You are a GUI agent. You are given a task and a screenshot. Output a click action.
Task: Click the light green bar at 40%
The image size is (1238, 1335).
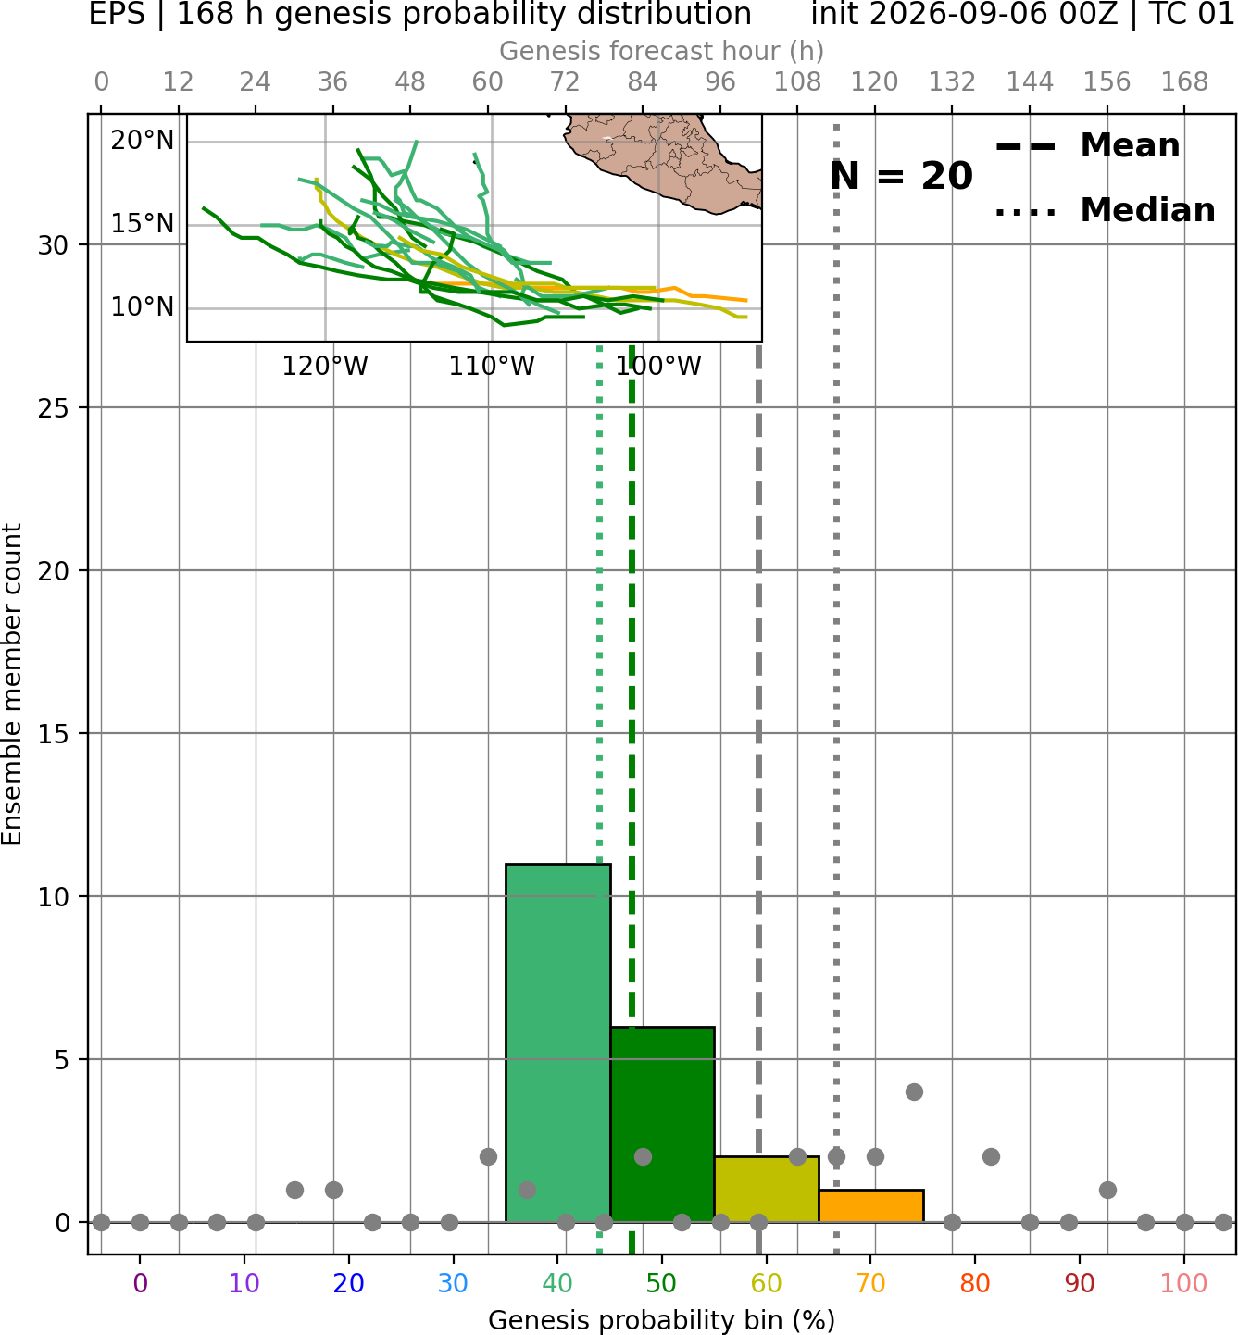coord(558,1042)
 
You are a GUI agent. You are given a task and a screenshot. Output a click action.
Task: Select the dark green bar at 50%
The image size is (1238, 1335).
coord(662,1124)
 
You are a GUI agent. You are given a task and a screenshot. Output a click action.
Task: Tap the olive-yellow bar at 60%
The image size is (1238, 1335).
coord(767,1189)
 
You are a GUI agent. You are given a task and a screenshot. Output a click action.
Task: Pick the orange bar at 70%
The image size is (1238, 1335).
coord(870,1206)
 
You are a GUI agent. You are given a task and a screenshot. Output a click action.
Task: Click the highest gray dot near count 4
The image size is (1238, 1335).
coord(914,1092)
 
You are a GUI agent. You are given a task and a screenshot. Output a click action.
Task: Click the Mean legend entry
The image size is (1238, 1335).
coord(1087,146)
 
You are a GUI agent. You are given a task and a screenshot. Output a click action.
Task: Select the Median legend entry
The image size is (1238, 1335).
coord(1105,210)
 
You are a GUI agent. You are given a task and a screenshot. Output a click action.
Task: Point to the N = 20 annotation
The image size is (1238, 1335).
coord(901,176)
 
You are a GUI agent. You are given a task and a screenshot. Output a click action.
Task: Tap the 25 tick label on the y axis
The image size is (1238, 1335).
coord(54,408)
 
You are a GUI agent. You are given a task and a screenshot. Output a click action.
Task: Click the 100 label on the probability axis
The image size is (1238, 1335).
coord(1184,1284)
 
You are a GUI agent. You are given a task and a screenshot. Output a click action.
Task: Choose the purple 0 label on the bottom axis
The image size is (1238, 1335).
coord(140,1284)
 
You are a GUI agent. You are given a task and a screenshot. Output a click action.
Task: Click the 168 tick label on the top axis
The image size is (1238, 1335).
coord(1185,82)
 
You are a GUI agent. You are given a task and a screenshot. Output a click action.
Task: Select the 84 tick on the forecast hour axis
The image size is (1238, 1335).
coord(643,82)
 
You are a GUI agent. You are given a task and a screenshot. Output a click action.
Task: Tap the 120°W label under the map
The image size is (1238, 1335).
coord(325,367)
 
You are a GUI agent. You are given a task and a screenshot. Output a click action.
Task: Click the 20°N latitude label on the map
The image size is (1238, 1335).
coord(143,141)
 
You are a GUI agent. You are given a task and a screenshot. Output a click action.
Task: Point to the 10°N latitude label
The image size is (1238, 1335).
coord(143,308)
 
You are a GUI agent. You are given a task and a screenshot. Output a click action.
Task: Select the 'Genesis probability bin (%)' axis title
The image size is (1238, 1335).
coord(662,1320)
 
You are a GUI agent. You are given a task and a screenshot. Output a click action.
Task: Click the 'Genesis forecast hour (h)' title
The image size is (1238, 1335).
coord(662,51)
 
